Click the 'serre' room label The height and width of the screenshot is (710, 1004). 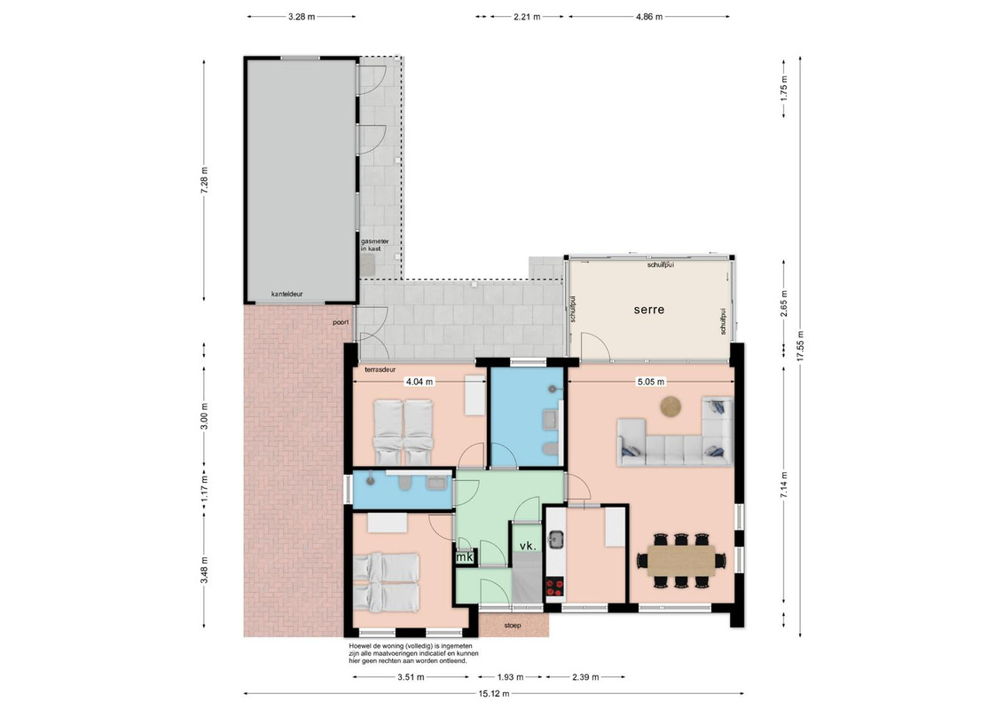648,310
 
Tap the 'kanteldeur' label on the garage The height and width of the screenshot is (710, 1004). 286,294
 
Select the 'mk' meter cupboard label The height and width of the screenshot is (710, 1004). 464,557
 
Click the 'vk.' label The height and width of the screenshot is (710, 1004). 528,546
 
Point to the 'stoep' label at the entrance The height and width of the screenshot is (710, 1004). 513,626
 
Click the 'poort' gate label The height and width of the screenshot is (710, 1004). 341,322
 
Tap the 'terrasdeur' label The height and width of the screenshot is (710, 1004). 380,370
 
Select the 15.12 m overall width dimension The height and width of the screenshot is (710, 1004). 494,693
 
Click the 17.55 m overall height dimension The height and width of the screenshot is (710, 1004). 800,347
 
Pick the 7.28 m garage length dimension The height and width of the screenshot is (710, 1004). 204,180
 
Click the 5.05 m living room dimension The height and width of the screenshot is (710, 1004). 650,382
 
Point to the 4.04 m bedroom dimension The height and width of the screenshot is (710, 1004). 420,382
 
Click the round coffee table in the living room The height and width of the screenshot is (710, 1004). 671,406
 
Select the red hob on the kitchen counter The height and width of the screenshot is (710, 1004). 554,587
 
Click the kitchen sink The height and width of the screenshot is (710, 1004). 555,540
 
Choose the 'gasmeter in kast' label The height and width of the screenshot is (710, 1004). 374,245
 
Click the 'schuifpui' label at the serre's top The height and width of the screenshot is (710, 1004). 660,264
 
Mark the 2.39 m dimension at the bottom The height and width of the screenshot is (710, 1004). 585,676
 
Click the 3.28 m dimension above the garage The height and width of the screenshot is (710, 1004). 302,17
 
